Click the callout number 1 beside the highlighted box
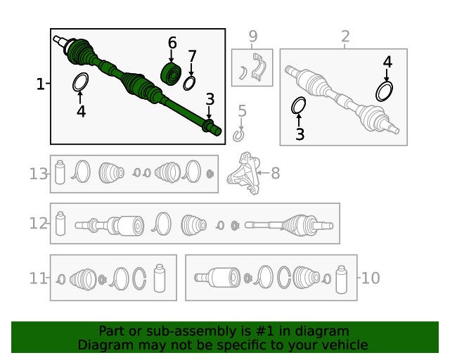[x=41, y=84]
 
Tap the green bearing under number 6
[x=171, y=74]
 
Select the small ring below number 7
[x=189, y=83]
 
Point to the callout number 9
[x=253, y=37]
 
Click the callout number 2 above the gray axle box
[x=345, y=37]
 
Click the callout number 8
[x=275, y=173]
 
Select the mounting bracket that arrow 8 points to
[x=244, y=173]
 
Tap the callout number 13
[x=38, y=174]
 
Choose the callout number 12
[x=38, y=224]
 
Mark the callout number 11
[x=37, y=278]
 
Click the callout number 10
[x=371, y=278]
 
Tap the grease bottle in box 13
[x=60, y=172]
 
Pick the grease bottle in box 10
[x=341, y=280]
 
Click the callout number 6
[x=172, y=43]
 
